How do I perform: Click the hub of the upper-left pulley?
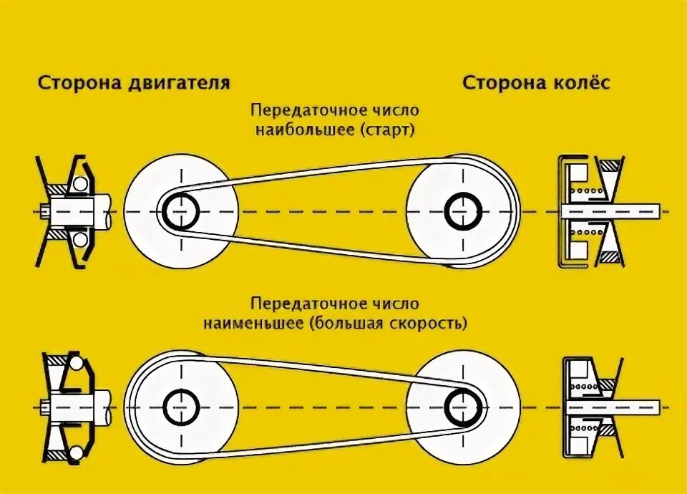click(181, 211)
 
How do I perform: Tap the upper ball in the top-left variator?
click(79, 185)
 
